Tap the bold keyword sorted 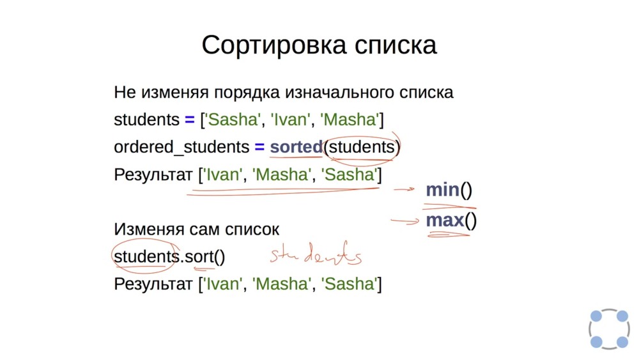click(x=296, y=147)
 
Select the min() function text click(x=449, y=190)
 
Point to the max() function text click(x=452, y=221)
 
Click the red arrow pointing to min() click(x=405, y=190)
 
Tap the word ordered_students click(x=181, y=148)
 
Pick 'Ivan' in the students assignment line click(x=288, y=120)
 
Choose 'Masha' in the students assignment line click(x=349, y=120)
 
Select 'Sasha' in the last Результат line click(x=350, y=283)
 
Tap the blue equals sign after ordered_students click(x=259, y=147)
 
